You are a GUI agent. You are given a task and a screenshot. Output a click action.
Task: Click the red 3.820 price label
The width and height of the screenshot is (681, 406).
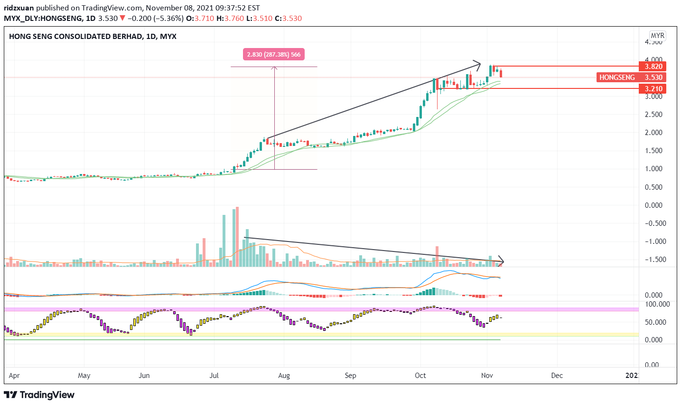pos(653,67)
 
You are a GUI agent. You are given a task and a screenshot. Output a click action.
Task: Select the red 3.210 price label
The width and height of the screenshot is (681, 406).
pos(653,89)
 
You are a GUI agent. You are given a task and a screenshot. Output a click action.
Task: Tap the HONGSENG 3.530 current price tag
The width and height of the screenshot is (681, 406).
pos(631,77)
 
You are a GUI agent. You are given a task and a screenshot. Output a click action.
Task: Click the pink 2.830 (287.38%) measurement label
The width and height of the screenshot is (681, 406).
pos(274,55)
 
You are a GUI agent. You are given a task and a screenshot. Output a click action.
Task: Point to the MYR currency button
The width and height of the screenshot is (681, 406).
pos(658,36)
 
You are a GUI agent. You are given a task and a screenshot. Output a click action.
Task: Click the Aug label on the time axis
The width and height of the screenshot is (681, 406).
pos(284,376)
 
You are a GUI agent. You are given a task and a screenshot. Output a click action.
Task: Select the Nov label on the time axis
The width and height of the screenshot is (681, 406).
pos(487,376)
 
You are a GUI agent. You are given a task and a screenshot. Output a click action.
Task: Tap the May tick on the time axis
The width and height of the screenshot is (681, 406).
pos(84,376)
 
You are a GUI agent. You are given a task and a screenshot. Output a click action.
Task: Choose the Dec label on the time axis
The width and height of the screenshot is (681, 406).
pos(557,376)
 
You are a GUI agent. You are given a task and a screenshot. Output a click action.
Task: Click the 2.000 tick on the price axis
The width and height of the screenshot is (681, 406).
pos(653,133)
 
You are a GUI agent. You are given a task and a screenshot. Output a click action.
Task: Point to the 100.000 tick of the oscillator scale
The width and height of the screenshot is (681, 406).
pos(657,304)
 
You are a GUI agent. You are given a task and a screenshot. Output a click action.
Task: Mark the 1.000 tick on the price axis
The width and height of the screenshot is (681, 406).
pos(653,169)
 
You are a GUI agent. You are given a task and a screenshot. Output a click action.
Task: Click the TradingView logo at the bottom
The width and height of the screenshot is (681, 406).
pos(39,395)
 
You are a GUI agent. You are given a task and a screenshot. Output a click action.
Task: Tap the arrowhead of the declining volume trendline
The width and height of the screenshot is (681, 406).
pos(501,261)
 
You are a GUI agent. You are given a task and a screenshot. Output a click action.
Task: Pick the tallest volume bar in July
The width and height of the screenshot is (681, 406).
pos(237,236)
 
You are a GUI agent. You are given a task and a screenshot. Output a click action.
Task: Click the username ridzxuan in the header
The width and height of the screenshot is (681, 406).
pos(19,8)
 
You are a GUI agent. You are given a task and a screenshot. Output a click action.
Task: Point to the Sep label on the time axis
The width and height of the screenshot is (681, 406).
pos(350,376)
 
